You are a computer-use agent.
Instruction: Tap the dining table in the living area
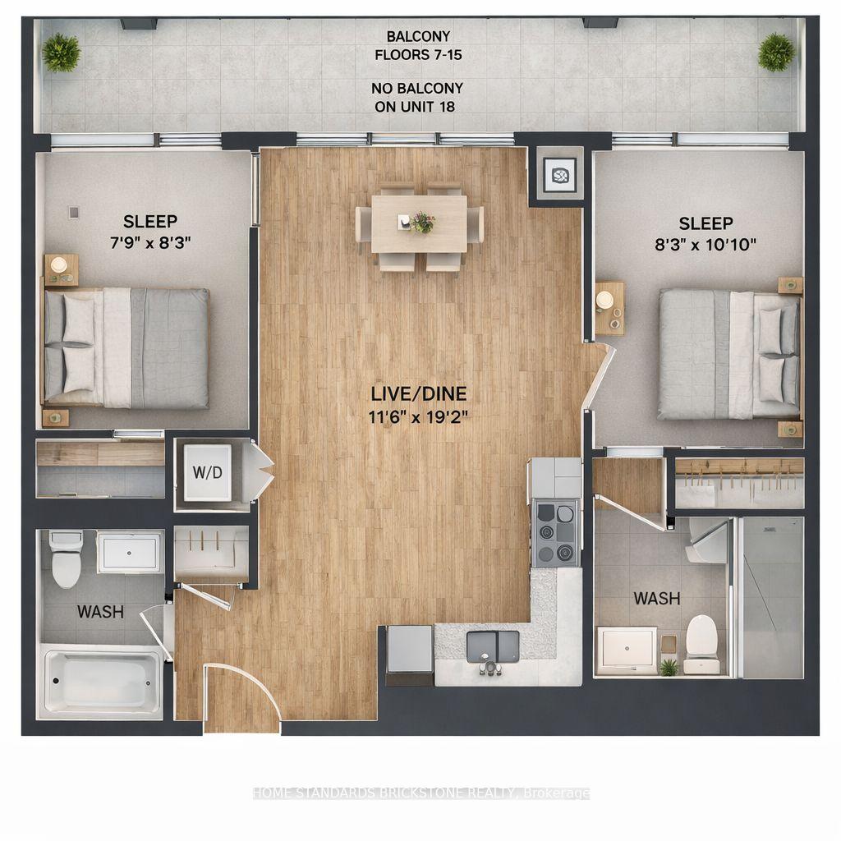click(x=419, y=223)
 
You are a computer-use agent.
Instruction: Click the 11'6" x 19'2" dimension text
click(x=419, y=416)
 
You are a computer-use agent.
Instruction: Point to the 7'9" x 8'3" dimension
click(x=150, y=241)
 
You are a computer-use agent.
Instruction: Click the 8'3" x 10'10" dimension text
click(x=705, y=243)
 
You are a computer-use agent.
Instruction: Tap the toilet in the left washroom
click(x=65, y=558)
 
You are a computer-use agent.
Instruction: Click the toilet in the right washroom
click(x=701, y=637)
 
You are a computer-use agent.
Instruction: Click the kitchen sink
click(x=493, y=647)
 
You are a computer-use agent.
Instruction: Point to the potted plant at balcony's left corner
click(x=62, y=53)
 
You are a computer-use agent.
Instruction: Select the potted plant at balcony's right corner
click(x=776, y=52)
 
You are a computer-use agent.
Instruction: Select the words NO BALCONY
click(x=419, y=88)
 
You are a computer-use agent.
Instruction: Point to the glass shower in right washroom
click(x=770, y=596)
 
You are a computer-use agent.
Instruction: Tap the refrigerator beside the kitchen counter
click(x=409, y=653)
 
